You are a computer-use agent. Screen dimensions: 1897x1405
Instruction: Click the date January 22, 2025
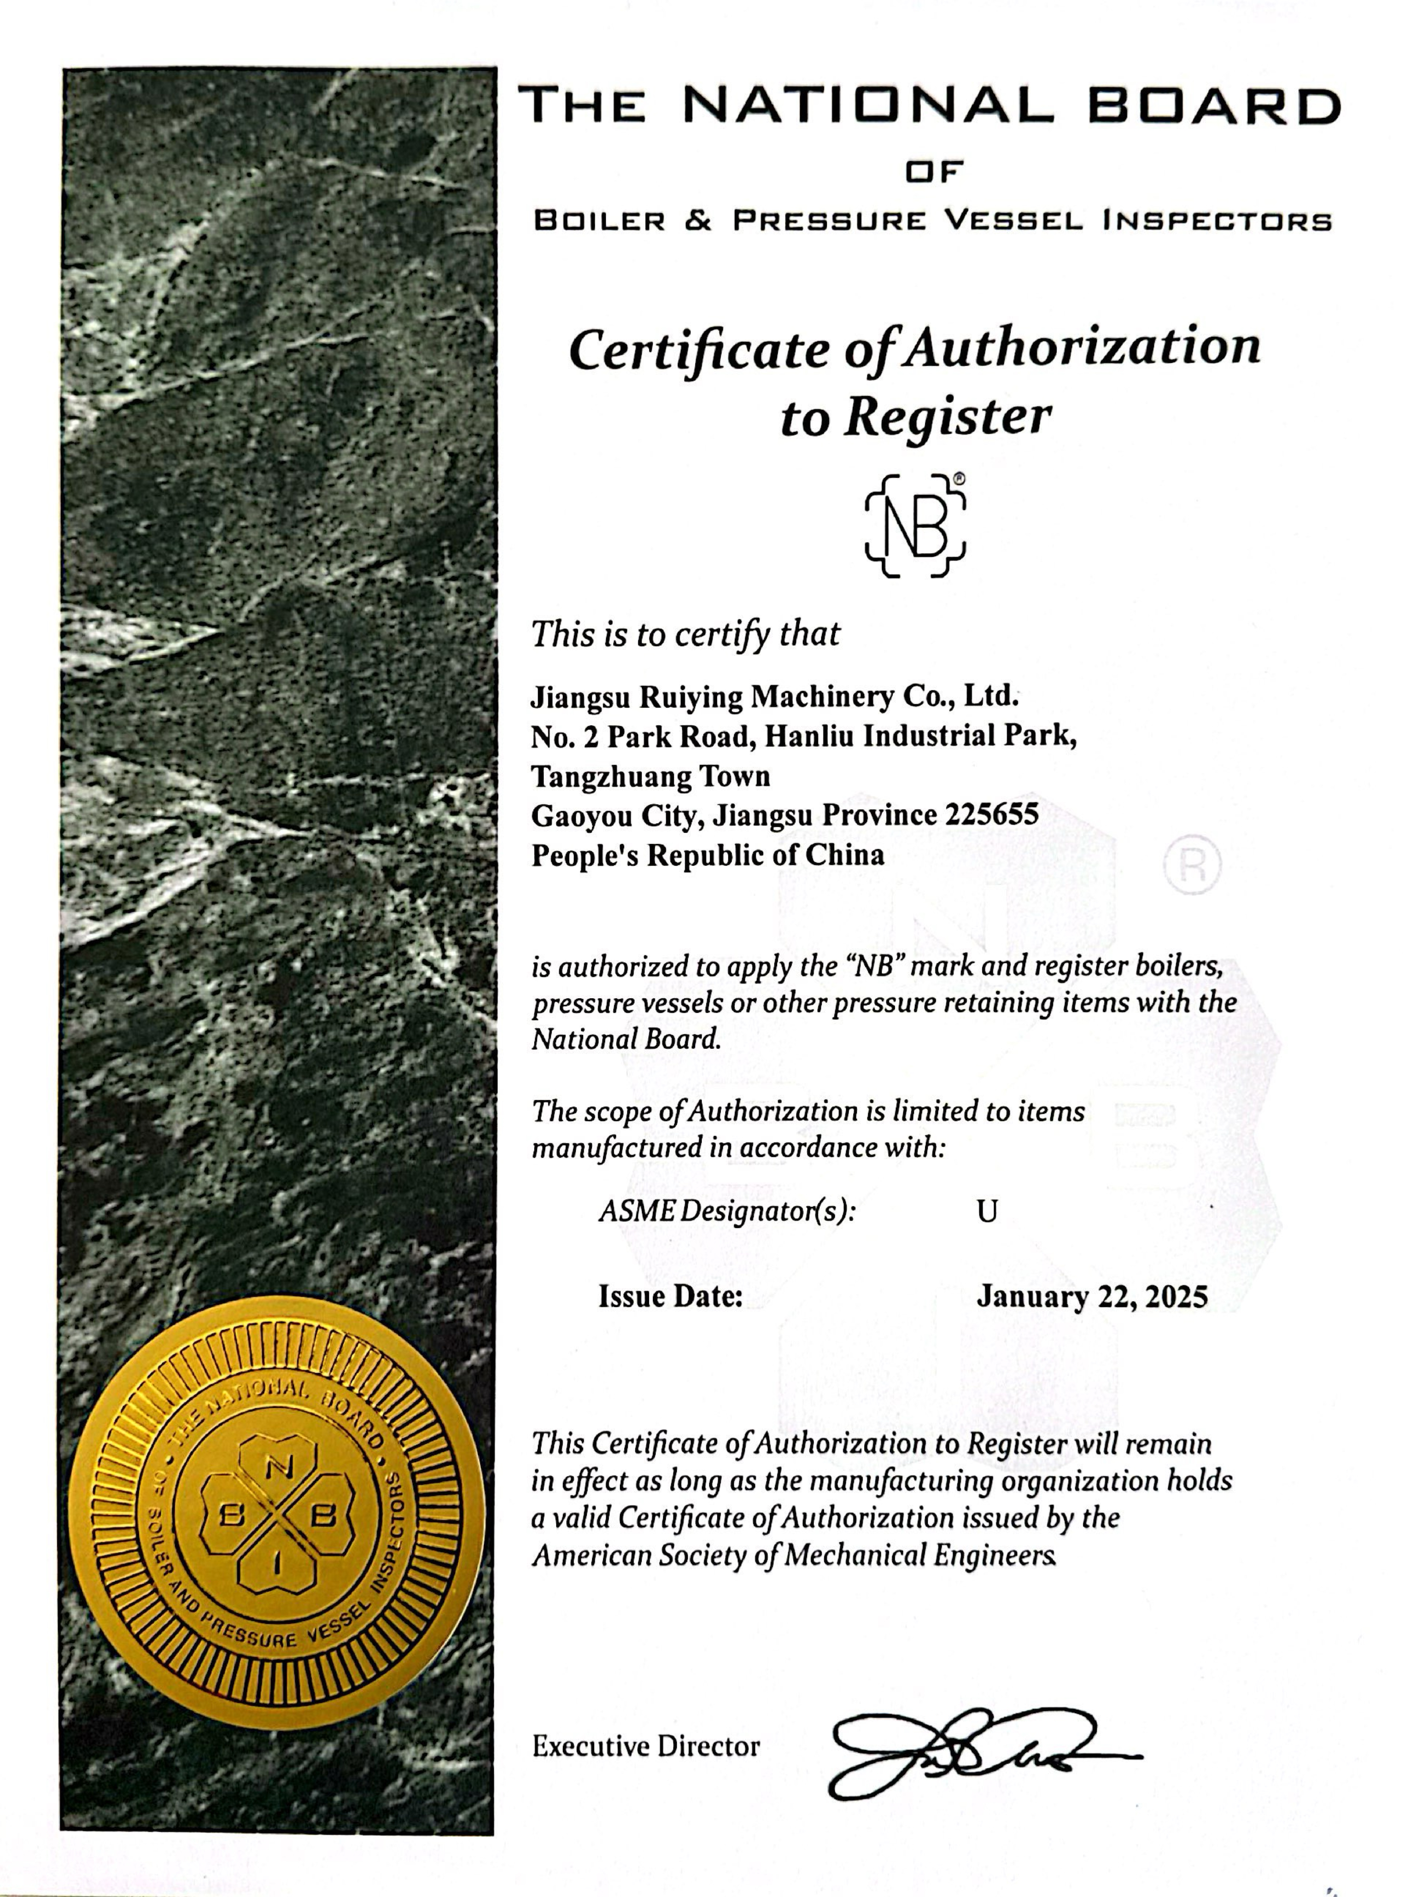click(x=1092, y=1297)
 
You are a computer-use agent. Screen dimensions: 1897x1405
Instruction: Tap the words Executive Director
click(x=645, y=1747)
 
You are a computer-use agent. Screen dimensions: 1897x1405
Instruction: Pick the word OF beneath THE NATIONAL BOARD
click(x=933, y=173)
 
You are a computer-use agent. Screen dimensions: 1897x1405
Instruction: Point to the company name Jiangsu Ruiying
click(x=638, y=697)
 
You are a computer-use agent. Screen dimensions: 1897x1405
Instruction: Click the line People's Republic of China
click(x=708, y=854)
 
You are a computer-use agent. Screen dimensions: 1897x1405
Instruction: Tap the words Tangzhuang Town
click(x=651, y=775)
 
